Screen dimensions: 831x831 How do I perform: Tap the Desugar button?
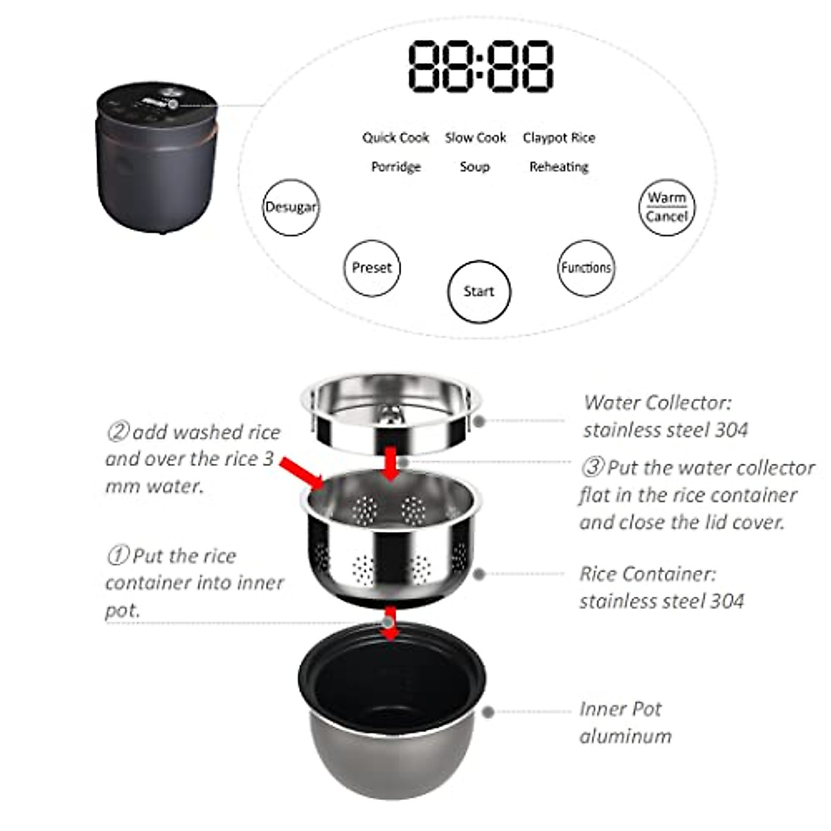(291, 207)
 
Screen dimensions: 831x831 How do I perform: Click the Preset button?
(372, 268)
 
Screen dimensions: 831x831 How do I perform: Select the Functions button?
(586, 268)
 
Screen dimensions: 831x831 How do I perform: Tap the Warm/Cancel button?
(667, 207)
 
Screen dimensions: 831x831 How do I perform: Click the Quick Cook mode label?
(395, 138)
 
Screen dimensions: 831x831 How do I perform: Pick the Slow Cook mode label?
(475, 138)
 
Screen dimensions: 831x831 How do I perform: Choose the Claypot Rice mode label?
(559, 138)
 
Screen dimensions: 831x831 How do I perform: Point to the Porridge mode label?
(396, 167)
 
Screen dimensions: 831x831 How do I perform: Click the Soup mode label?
(474, 167)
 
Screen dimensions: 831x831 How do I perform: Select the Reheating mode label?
(559, 167)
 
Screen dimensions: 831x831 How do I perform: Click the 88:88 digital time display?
(481, 66)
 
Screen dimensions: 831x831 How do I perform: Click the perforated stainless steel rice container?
(391, 539)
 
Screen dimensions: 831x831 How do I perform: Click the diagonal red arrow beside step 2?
(301, 473)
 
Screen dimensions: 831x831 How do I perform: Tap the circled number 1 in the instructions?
(118, 555)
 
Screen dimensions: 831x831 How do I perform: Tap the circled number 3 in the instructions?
(593, 467)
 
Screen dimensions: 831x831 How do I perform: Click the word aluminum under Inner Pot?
(625, 736)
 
